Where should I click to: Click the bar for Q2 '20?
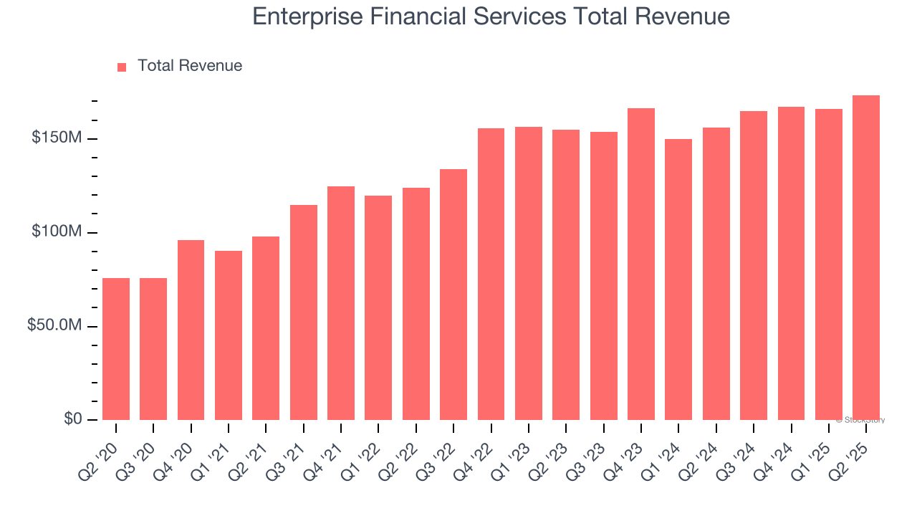[x=116, y=349]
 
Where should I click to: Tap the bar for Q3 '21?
[x=304, y=312]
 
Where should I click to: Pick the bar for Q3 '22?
[x=453, y=295]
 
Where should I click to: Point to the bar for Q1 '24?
[x=678, y=279]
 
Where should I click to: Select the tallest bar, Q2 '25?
[x=866, y=258]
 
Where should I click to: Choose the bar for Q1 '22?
[x=378, y=307]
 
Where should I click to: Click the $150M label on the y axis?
[x=57, y=138]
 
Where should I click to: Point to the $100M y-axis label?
[x=57, y=232]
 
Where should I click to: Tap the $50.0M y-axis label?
[x=54, y=325]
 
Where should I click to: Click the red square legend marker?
[x=122, y=67]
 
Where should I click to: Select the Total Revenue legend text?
[x=190, y=66]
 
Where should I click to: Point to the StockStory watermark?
[x=860, y=420]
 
